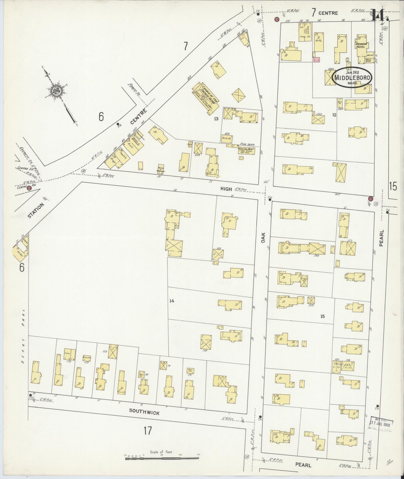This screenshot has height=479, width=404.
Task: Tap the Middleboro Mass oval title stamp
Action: pyautogui.click(x=352, y=77)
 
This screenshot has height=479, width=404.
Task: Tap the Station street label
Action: pyautogui.click(x=36, y=211)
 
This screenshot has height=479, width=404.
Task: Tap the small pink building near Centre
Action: pyautogui.click(x=317, y=60)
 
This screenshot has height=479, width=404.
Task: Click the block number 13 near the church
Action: pyautogui.click(x=216, y=118)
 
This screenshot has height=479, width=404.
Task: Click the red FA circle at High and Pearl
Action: pyautogui.click(x=370, y=199)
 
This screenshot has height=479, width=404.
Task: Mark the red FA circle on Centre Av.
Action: pyautogui.click(x=29, y=188)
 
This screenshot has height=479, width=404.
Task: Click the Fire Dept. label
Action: pyautogui.click(x=247, y=145)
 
